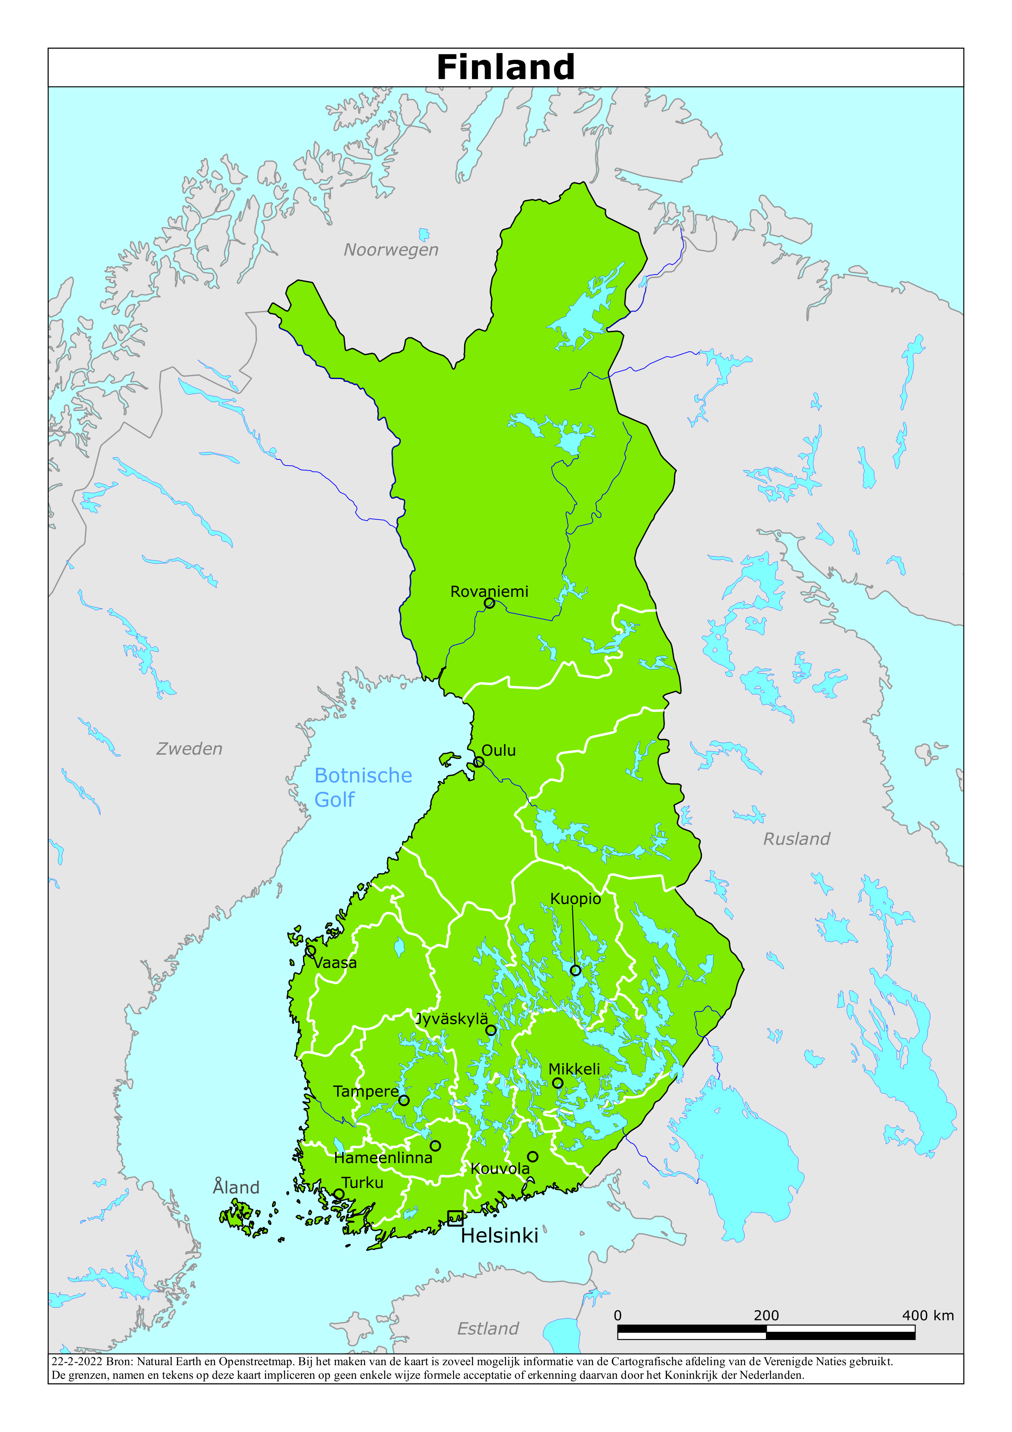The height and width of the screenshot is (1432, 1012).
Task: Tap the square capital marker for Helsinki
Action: [455, 1218]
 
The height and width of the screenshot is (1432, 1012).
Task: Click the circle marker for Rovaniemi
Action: [489, 603]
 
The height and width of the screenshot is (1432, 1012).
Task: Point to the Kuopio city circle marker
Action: [575, 970]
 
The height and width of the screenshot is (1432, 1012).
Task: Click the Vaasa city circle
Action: [310, 951]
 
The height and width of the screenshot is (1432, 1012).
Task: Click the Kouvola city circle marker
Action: [533, 1156]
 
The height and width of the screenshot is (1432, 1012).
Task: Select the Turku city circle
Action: [338, 1194]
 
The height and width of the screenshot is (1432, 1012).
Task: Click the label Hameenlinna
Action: [383, 1158]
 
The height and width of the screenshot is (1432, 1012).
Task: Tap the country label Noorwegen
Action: [391, 250]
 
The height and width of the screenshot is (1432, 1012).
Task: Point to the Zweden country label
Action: [189, 749]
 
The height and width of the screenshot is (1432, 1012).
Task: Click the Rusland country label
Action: [796, 839]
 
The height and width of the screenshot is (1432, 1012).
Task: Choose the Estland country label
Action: [488, 1328]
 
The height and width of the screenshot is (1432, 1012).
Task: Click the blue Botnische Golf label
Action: [362, 787]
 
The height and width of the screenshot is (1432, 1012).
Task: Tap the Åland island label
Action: [236, 1187]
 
